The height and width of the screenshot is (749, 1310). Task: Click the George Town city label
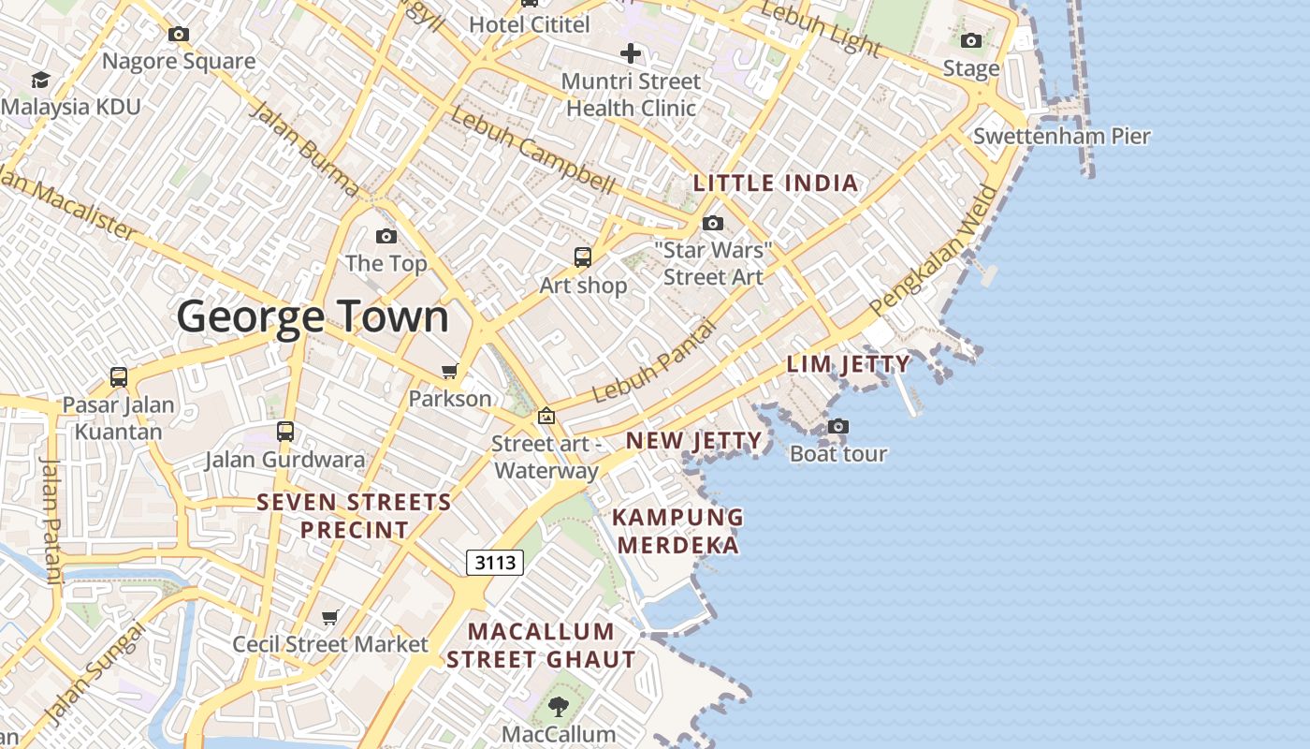click(313, 316)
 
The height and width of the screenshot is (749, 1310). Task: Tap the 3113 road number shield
click(494, 562)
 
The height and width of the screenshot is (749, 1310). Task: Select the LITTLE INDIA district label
click(776, 183)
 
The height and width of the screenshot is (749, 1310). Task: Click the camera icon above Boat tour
click(838, 427)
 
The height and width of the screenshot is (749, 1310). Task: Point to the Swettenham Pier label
click(1061, 136)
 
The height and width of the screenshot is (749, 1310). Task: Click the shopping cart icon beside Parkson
click(449, 372)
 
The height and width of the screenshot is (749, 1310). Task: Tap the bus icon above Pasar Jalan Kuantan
click(119, 377)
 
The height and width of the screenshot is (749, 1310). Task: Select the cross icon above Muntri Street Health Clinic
click(631, 53)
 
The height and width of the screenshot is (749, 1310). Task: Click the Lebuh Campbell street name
click(532, 151)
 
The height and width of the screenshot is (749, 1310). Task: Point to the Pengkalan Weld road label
click(934, 251)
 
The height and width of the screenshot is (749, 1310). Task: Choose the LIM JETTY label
click(848, 364)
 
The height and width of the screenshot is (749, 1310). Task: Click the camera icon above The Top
click(386, 236)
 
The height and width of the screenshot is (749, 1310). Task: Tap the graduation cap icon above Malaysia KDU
click(40, 81)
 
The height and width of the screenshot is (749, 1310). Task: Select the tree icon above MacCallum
click(558, 706)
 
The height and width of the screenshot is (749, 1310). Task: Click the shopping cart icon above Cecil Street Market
click(329, 617)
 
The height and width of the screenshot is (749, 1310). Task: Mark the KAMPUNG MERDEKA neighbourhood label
click(678, 531)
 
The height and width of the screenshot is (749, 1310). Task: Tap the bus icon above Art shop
click(583, 257)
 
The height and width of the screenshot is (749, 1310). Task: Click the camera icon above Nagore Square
click(179, 35)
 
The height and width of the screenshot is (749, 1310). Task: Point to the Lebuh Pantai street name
click(654, 360)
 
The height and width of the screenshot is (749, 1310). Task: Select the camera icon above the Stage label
click(971, 41)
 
